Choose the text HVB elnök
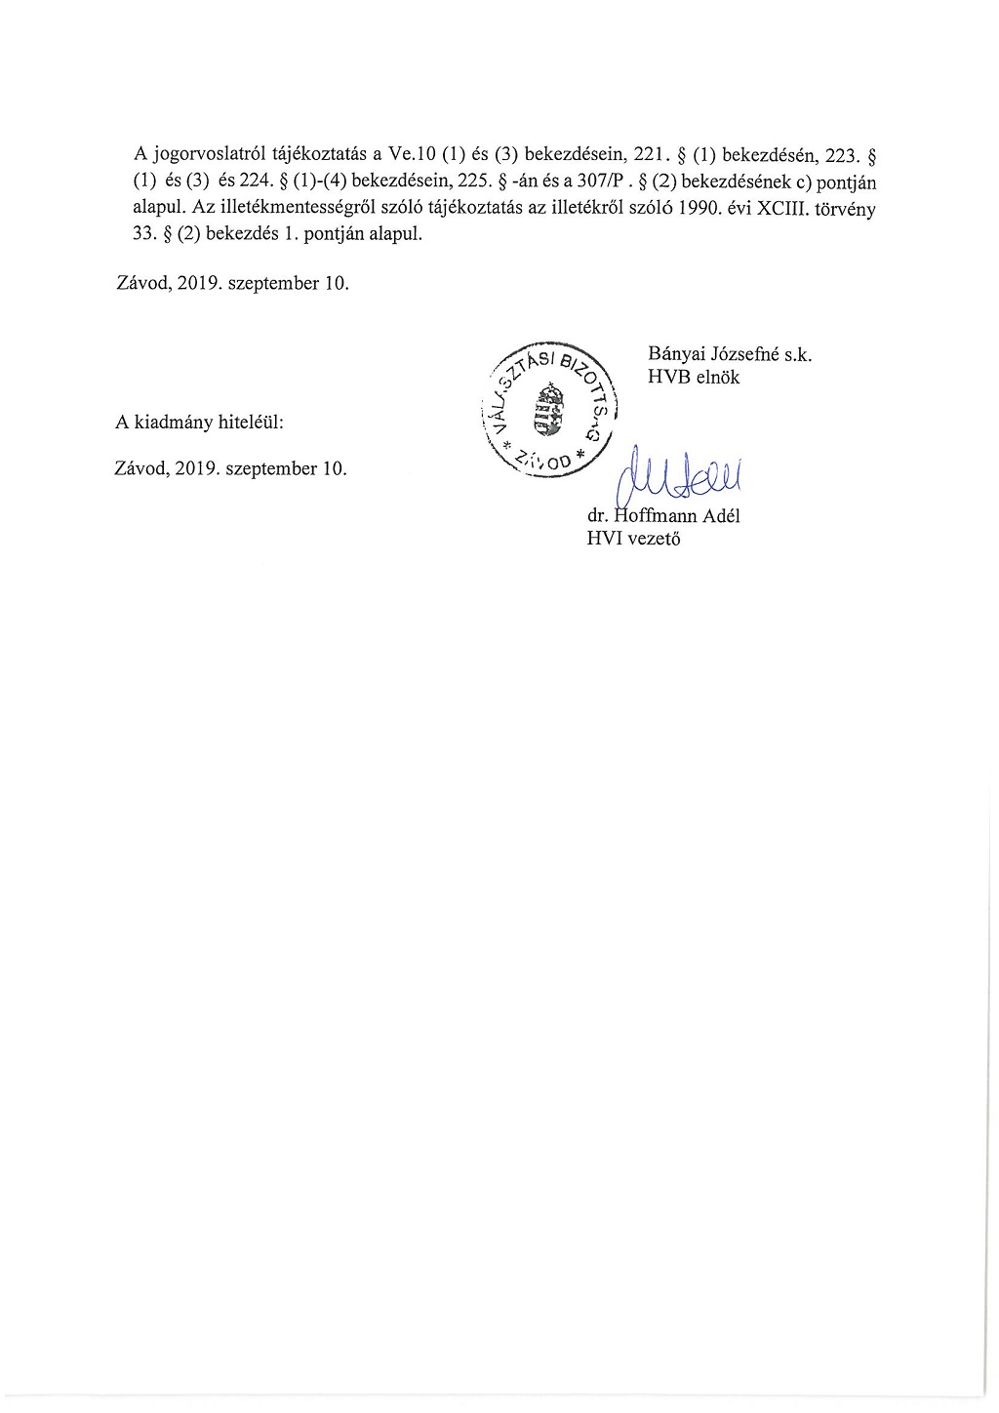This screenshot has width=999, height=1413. coord(694,378)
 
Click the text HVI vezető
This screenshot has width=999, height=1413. coord(634,538)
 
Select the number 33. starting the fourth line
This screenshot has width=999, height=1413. coord(145,236)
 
